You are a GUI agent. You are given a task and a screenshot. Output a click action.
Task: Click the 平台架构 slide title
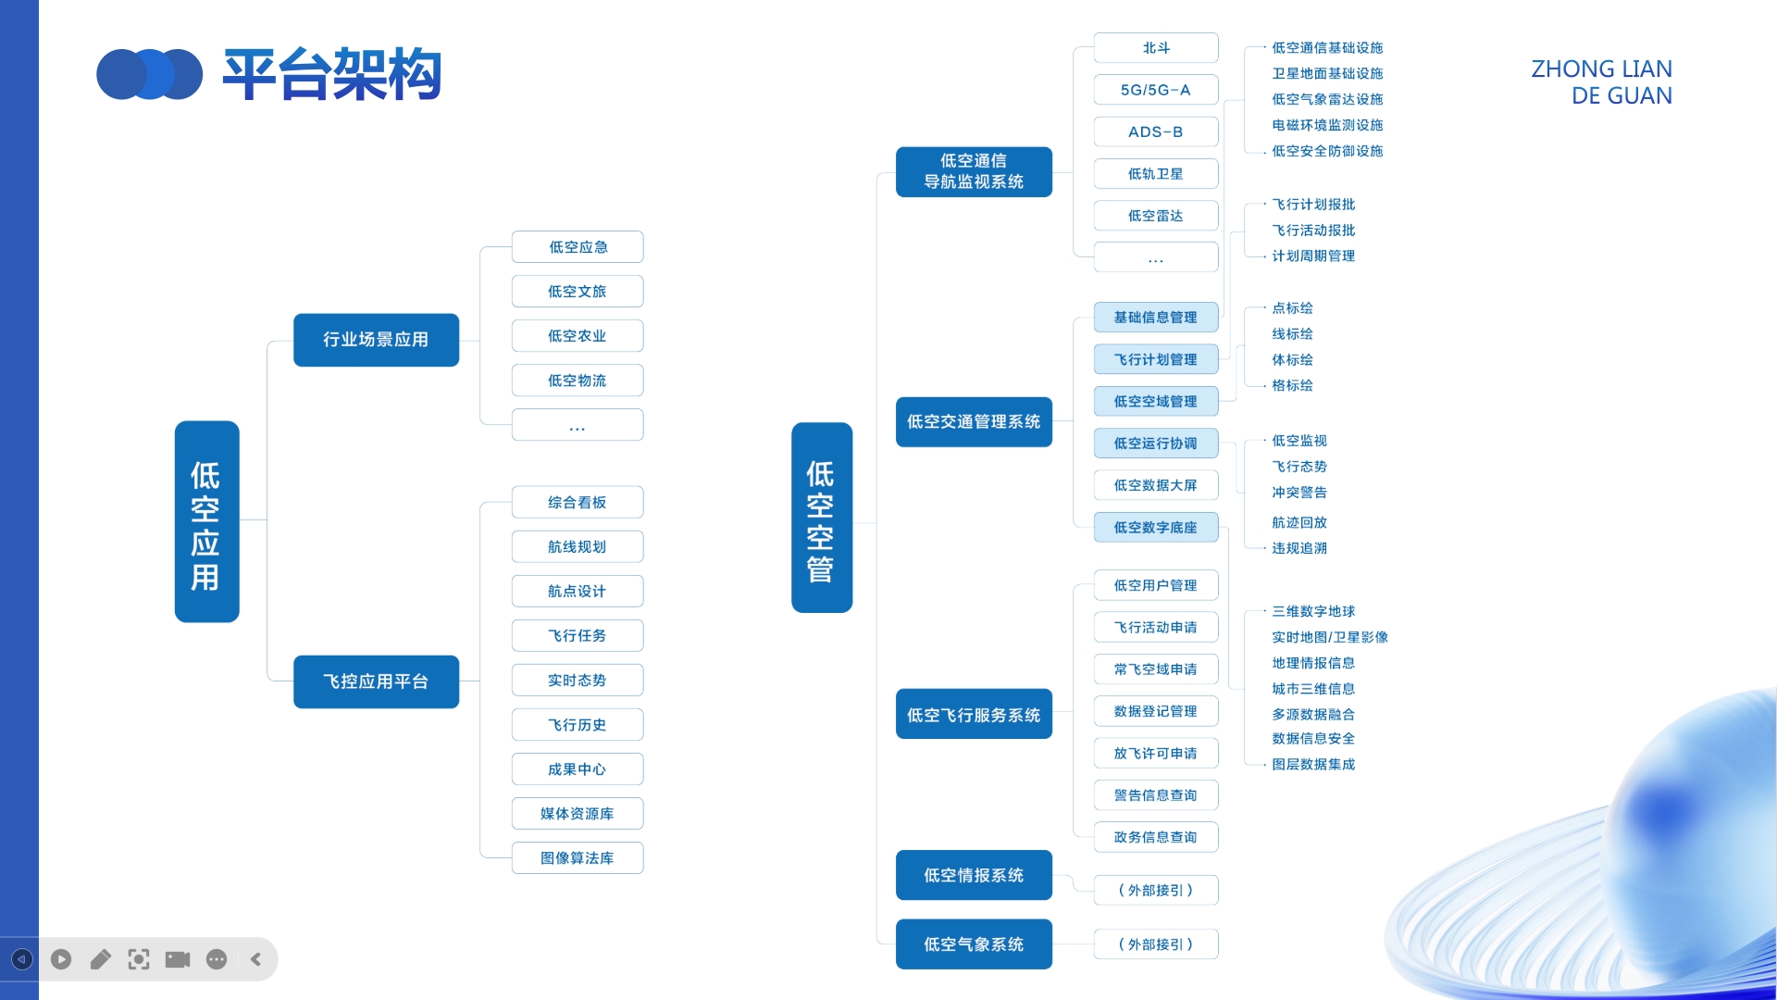pos(331,74)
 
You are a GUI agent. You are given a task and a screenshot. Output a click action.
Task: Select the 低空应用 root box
pos(206,521)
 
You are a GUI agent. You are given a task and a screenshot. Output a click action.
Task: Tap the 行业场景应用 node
pos(376,340)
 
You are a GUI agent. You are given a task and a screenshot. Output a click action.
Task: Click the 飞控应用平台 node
pos(376,681)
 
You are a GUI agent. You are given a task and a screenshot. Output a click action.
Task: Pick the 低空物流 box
pos(577,381)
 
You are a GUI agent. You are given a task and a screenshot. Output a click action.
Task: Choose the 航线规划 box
pos(577,547)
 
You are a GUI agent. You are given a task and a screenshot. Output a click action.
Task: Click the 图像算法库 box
pos(577,858)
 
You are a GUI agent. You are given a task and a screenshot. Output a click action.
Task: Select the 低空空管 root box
pos(821,518)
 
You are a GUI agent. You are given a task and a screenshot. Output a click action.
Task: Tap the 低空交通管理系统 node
pos(974,422)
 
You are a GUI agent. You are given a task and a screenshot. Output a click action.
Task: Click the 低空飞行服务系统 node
pos(974,715)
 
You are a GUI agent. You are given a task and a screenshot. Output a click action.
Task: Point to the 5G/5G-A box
pos(1155,90)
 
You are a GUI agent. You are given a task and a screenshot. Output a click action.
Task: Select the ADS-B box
pos(1155,132)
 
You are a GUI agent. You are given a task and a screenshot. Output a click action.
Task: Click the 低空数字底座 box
pos(1155,528)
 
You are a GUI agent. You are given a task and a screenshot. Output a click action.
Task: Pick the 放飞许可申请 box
pos(1155,754)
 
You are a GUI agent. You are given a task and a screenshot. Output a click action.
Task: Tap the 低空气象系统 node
pos(974,944)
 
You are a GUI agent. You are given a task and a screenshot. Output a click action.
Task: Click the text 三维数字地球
pos(1312,611)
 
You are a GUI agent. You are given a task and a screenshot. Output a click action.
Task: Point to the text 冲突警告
pos(1299,493)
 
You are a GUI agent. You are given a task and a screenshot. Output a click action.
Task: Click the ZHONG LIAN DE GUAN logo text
pos(1602,82)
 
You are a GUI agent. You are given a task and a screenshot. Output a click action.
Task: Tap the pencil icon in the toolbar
pos(100,959)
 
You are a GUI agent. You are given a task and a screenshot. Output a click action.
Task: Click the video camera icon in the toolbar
pos(178,959)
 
